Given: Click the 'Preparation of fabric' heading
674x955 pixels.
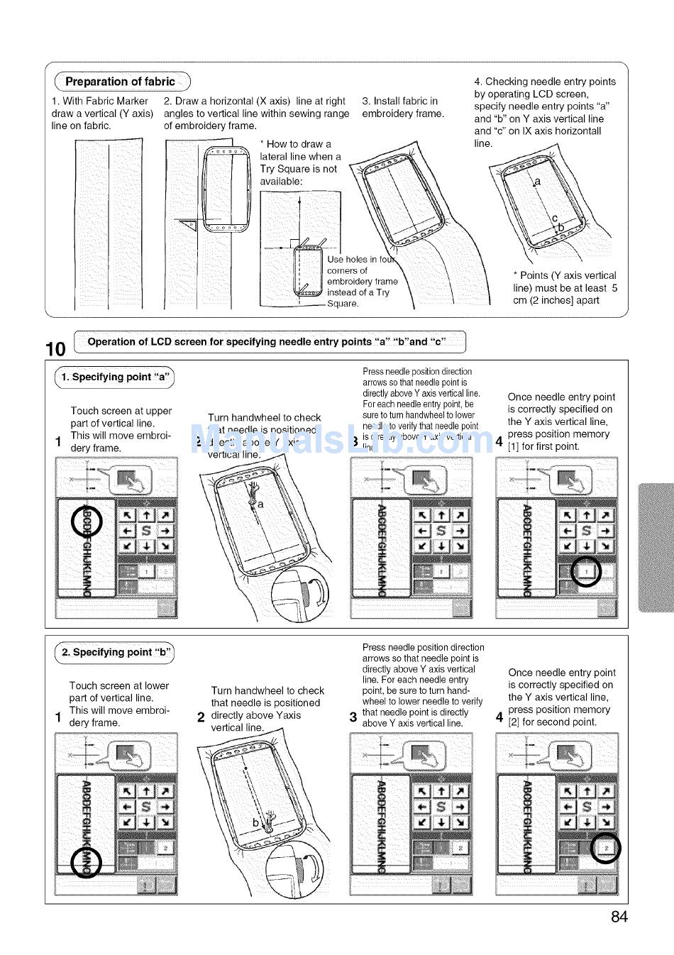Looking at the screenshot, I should pos(119,82).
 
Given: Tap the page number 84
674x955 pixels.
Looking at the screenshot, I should pos(619,917).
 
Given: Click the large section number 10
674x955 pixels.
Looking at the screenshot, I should pos(55,348).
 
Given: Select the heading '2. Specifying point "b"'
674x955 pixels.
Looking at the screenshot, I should pos(115,652).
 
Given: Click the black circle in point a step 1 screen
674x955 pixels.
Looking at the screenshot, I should pos(87,523).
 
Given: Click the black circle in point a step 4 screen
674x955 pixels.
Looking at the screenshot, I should pos(586,572).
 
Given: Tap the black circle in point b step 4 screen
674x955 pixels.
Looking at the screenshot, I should pos(605,847).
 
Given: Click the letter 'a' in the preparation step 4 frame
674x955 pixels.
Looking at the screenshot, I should pos(537,182).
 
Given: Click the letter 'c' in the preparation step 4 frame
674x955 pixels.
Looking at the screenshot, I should pos(555,218).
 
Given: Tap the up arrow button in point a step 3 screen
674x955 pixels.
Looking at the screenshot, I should pos(441,516).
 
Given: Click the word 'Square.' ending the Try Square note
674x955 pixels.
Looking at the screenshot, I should pos(343,304).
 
